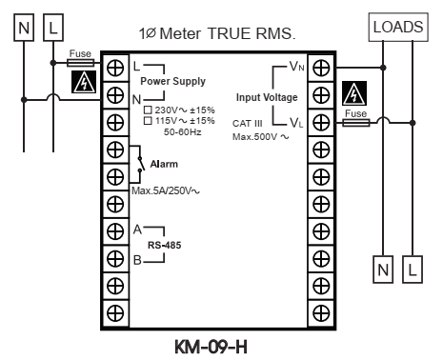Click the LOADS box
click(398, 27)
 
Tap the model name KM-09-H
click(211, 347)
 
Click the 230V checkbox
click(148, 110)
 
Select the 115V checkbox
click(148, 121)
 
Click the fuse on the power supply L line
click(81, 63)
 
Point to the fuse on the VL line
click(356, 123)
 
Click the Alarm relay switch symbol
click(140, 164)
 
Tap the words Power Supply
click(172, 81)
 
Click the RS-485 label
click(164, 245)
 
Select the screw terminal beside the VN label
click(321, 68)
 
